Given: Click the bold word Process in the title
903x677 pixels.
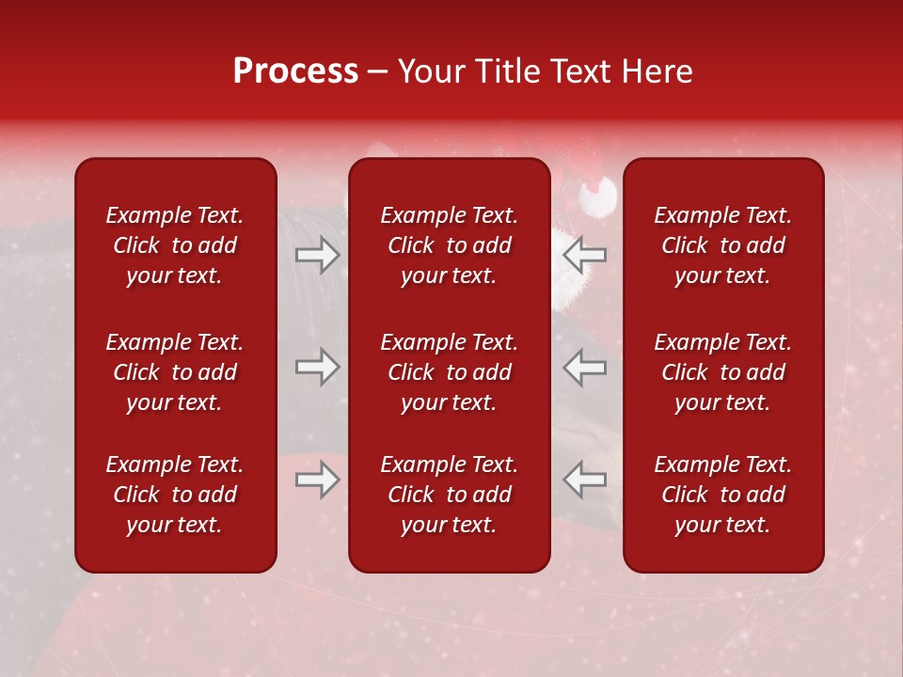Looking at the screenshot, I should (x=295, y=71).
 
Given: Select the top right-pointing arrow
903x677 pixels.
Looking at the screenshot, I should (x=317, y=255).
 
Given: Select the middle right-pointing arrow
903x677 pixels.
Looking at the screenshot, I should (x=317, y=367).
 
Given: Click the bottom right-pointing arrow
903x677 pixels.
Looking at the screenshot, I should (x=317, y=480).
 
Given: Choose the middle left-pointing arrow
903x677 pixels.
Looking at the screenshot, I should (x=585, y=367).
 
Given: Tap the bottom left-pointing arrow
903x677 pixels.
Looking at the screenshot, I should (x=585, y=480).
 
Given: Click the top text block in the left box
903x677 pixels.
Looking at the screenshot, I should (x=175, y=245).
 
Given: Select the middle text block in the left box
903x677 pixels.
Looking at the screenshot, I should (x=175, y=372).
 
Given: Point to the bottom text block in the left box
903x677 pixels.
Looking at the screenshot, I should (x=175, y=495).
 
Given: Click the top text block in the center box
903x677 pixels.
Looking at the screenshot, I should (x=449, y=245).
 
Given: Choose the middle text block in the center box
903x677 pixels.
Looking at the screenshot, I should (x=449, y=372).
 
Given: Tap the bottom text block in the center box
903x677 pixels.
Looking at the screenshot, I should (x=449, y=495).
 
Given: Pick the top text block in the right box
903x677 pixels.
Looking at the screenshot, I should (x=722, y=245).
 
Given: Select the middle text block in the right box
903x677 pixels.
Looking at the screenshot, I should (x=722, y=372).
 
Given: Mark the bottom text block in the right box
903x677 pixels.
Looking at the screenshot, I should (x=722, y=495).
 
